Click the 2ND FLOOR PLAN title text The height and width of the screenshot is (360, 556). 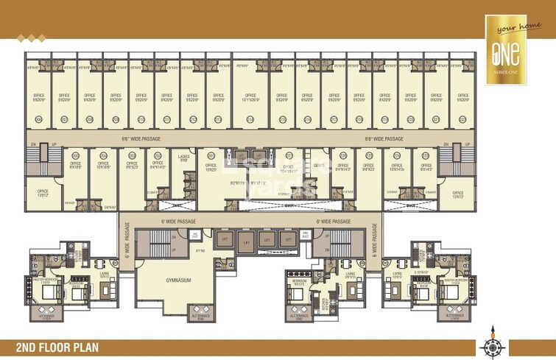click(x=60, y=347)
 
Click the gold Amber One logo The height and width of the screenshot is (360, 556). click(x=507, y=51)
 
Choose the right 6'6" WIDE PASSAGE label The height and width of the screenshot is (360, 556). click(x=384, y=138)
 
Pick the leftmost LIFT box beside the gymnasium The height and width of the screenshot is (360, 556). click(x=221, y=240)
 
